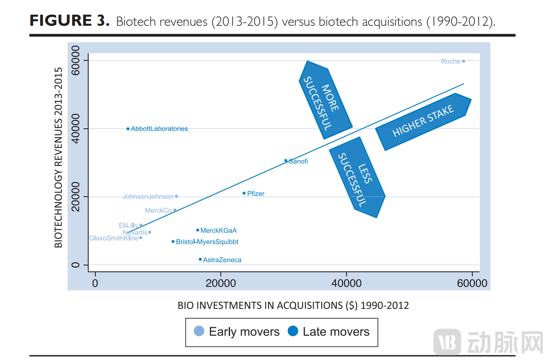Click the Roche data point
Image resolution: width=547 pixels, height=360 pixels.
463,61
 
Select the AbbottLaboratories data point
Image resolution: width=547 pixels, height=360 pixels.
128,129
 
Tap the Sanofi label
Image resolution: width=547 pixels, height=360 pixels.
298,161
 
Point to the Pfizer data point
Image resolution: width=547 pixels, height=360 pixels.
244,193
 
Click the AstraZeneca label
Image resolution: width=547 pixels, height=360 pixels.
222,260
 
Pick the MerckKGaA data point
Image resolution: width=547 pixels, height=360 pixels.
198,230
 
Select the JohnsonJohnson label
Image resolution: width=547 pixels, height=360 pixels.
148,197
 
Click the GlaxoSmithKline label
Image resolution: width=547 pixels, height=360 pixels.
114,238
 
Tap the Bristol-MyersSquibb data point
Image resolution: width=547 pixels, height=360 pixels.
173,241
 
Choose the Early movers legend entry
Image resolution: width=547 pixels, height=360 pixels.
237,332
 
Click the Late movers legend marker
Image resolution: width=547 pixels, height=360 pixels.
292,331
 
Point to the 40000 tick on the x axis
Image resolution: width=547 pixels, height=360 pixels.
346,283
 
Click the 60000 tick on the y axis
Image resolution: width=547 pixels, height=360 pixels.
76,60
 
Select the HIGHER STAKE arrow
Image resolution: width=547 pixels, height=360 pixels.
423,122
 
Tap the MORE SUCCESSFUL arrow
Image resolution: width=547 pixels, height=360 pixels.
325,100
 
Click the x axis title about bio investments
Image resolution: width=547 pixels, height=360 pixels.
293,306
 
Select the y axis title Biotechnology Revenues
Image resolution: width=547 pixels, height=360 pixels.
59,158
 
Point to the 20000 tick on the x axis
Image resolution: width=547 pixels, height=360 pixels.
221,283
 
